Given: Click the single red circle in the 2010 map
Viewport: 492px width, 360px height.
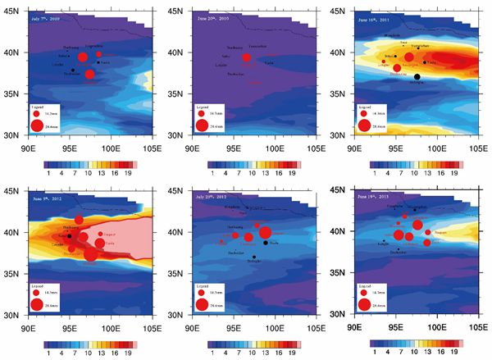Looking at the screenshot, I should pos(246,57).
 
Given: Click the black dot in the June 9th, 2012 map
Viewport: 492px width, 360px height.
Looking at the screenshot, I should pos(71,236).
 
